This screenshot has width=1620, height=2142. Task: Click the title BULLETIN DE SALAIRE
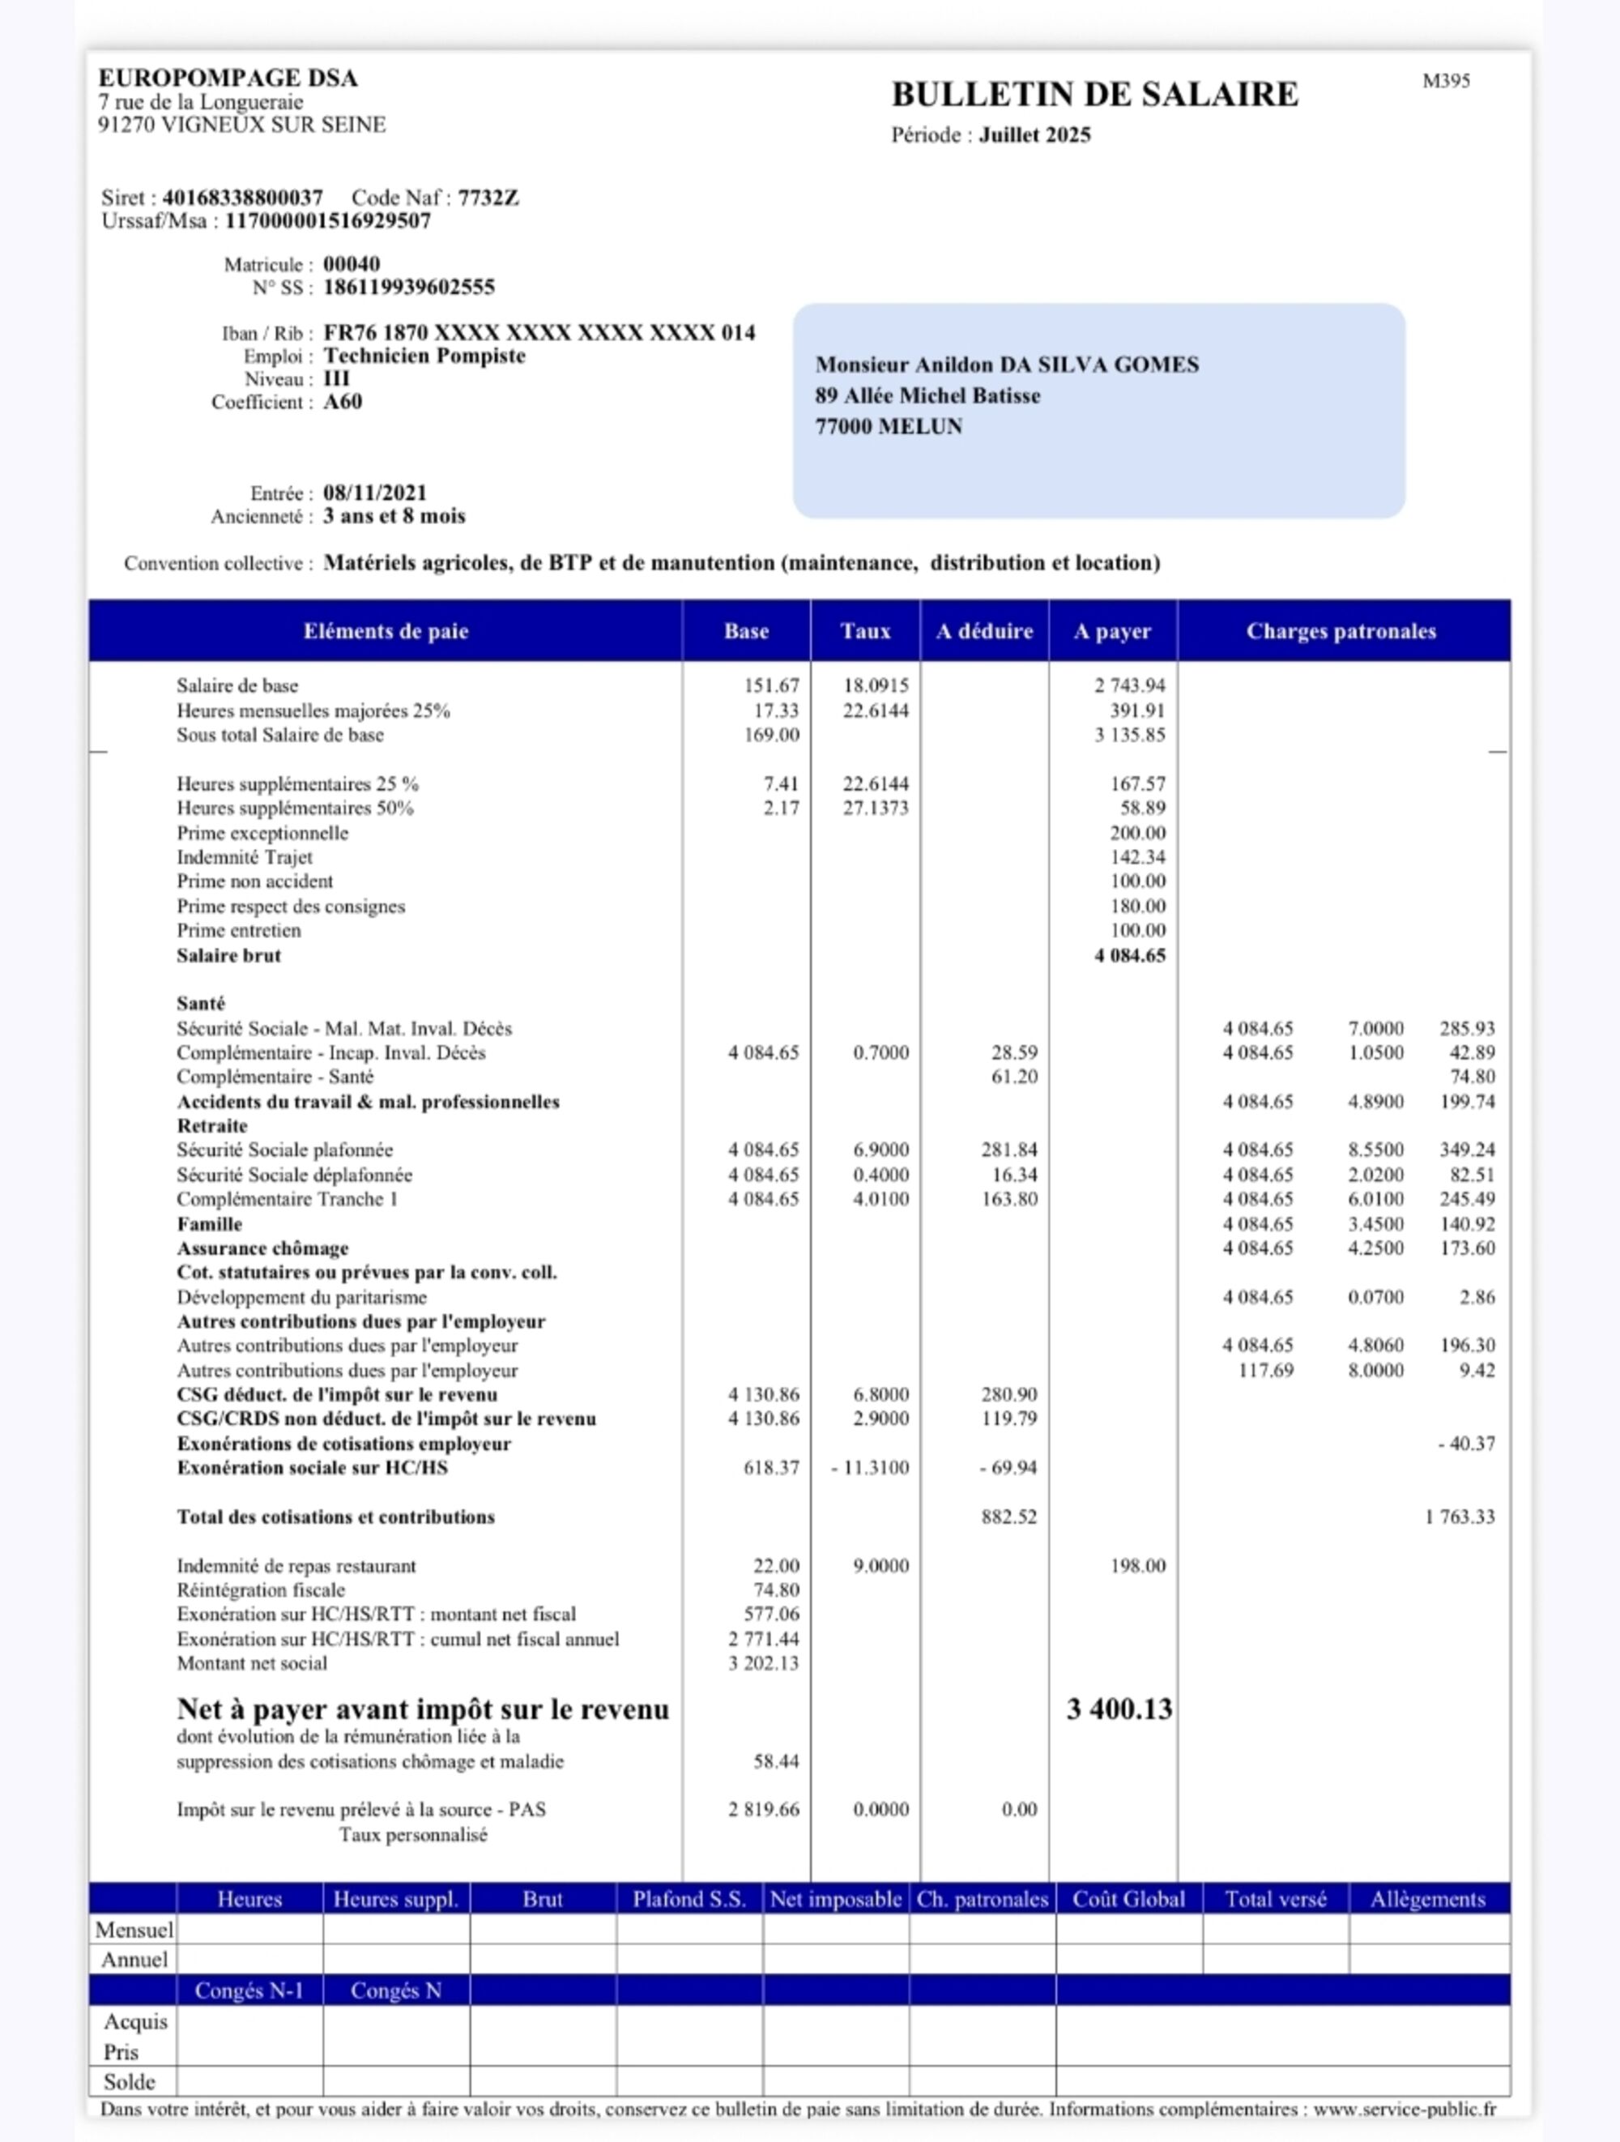pyautogui.click(x=1094, y=95)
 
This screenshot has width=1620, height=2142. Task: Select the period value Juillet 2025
pyautogui.click(x=1034, y=135)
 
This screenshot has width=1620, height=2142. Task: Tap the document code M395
pyautogui.click(x=1446, y=81)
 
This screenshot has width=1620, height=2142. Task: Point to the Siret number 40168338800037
pyautogui.click(x=242, y=198)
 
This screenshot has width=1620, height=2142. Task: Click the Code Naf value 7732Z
pyautogui.click(x=488, y=198)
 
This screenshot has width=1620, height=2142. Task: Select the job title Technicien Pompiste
pyautogui.click(x=424, y=356)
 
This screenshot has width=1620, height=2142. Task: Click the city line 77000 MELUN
pyautogui.click(x=888, y=427)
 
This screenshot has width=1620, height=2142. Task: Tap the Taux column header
pyautogui.click(x=865, y=631)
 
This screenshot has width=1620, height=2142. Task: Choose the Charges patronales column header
pyautogui.click(x=1341, y=631)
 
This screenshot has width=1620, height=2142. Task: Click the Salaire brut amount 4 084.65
pyautogui.click(x=1130, y=956)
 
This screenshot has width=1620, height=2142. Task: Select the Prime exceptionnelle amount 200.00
pyautogui.click(x=1138, y=833)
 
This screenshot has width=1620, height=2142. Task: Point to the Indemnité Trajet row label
pyautogui.click(x=244, y=857)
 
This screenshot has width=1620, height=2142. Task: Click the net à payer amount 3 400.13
pyautogui.click(x=1119, y=1709)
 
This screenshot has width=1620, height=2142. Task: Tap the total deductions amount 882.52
pyautogui.click(x=1009, y=1517)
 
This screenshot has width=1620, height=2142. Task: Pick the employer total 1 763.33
pyautogui.click(x=1460, y=1517)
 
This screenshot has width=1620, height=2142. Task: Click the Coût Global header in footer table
pyautogui.click(x=1128, y=1899)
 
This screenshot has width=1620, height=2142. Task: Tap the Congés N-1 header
pyautogui.click(x=249, y=1990)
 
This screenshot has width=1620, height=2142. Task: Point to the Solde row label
pyautogui.click(x=130, y=2082)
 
